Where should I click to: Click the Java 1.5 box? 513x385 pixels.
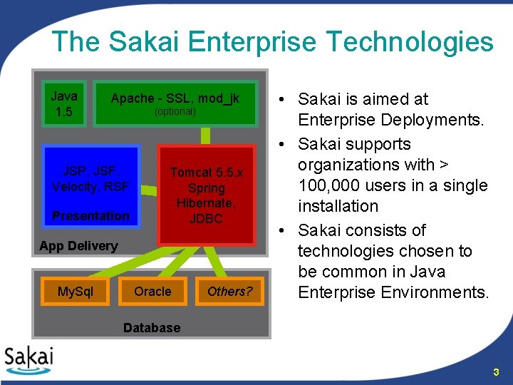click(64, 104)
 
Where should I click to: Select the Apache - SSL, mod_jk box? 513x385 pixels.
click(175, 104)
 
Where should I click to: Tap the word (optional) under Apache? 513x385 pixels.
click(175, 113)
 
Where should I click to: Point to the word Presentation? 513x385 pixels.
click(90, 215)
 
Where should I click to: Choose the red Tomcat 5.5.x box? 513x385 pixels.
click(207, 195)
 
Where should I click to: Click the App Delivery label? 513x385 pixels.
click(78, 246)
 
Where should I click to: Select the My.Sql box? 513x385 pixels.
click(76, 291)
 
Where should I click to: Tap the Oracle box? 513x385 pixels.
click(152, 291)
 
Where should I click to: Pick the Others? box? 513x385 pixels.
click(229, 291)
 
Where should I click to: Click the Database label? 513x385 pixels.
click(152, 328)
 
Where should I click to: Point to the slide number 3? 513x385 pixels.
click(496, 372)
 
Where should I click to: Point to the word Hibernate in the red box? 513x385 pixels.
click(207, 203)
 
